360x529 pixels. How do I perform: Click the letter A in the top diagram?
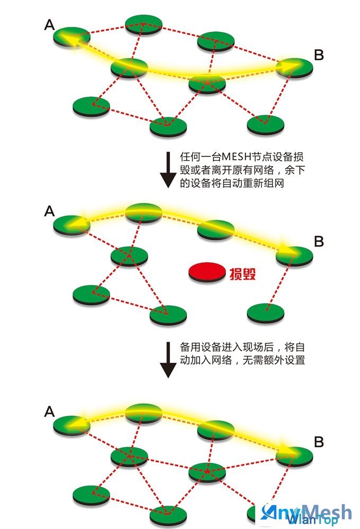click(50, 25)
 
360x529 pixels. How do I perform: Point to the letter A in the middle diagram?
click(49, 211)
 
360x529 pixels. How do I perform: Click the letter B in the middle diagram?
click(319, 241)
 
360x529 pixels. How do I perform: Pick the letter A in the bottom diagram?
click(49, 411)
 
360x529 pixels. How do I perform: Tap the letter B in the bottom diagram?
click(319, 441)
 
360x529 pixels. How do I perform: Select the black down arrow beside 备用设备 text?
click(168, 359)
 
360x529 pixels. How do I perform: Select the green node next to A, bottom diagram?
click(71, 423)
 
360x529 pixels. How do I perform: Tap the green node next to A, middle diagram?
click(71, 223)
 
